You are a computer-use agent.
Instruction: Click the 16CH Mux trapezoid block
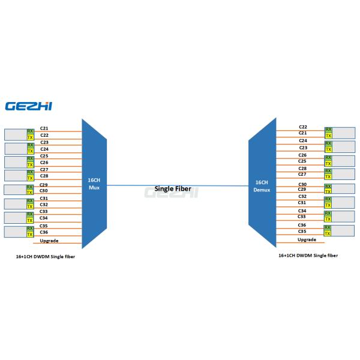click(94, 183)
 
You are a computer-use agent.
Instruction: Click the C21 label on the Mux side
click(44, 128)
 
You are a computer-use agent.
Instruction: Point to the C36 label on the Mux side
click(44, 232)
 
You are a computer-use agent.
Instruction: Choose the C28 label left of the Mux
click(44, 176)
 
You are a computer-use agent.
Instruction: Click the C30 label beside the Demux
click(302, 184)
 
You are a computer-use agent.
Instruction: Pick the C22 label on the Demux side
click(303, 127)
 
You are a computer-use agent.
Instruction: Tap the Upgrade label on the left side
click(49, 241)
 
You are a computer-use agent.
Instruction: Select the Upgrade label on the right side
click(307, 239)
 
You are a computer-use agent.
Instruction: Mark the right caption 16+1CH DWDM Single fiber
click(308, 256)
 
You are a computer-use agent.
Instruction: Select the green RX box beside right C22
click(328, 129)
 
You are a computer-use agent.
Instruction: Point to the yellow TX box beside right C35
click(328, 233)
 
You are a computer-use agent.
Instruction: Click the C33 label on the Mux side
click(44, 211)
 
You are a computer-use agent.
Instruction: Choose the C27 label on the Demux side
click(303, 174)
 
